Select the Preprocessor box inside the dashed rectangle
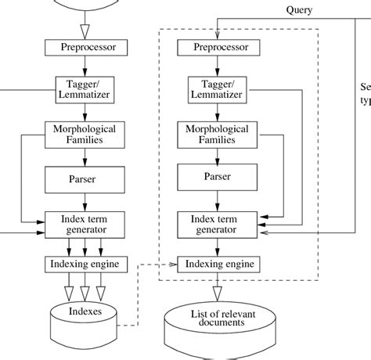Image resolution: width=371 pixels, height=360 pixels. [217, 48]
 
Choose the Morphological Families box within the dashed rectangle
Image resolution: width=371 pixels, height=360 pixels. [217, 134]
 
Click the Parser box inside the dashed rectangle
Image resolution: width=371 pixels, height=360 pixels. [217, 178]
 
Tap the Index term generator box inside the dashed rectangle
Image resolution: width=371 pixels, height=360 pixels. [217, 223]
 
